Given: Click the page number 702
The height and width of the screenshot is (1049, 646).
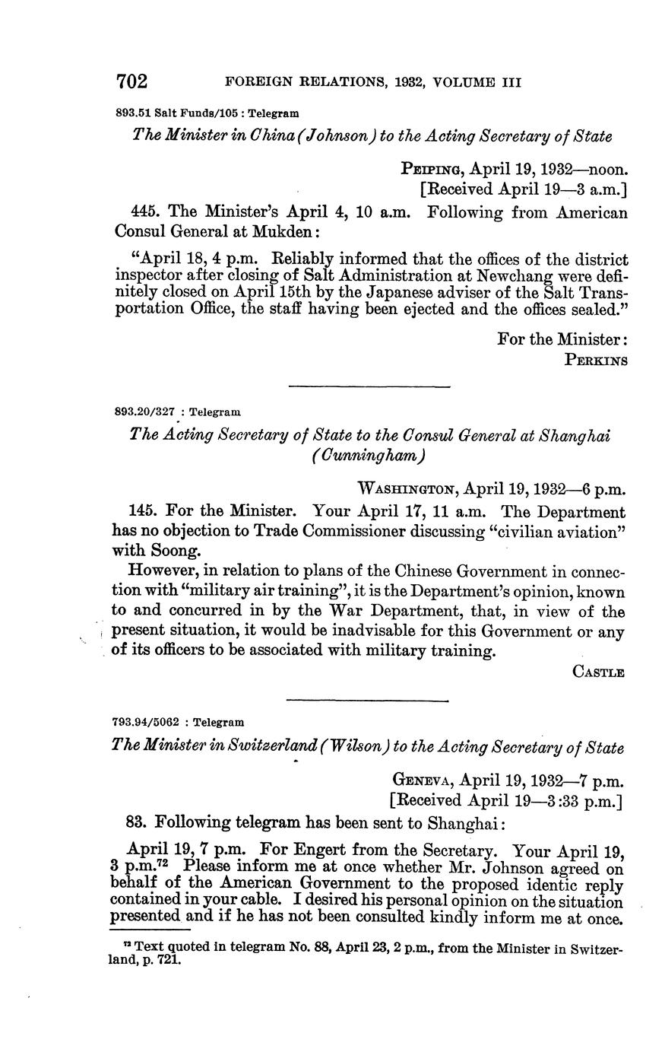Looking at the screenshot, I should (x=131, y=81).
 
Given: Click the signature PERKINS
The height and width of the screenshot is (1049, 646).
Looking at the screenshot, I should (x=597, y=361).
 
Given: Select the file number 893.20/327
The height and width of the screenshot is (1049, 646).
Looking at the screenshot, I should (x=145, y=412).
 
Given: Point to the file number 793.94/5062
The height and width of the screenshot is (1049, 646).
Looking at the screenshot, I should (x=145, y=722).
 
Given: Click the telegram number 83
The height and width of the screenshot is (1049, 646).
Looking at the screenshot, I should (x=135, y=822).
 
